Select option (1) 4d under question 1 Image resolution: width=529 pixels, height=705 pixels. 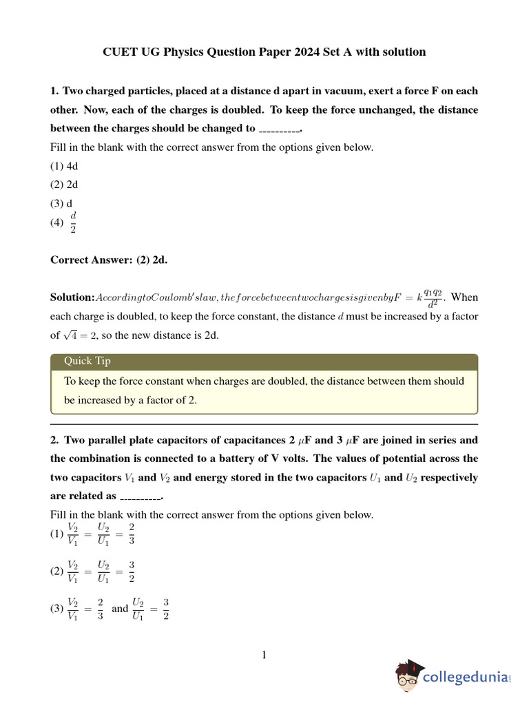(x=64, y=166)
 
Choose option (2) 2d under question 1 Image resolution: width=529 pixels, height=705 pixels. (x=64, y=185)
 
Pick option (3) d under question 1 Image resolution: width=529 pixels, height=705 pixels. (x=61, y=203)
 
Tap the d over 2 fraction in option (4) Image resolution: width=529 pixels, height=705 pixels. (x=73, y=222)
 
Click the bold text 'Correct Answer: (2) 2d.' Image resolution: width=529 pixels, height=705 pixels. (x=109, y=260)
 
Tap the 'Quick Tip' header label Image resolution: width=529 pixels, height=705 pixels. (x=87, y=361)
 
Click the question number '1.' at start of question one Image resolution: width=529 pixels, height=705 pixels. (x=54, y=91)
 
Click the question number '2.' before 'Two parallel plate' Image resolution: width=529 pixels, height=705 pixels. (x=54, y=440)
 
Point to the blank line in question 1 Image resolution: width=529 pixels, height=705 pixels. (x=279, y=129)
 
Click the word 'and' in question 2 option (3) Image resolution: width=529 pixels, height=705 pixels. (x=120, y=609)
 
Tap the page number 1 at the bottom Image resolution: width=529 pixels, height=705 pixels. (x=264, y=655)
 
